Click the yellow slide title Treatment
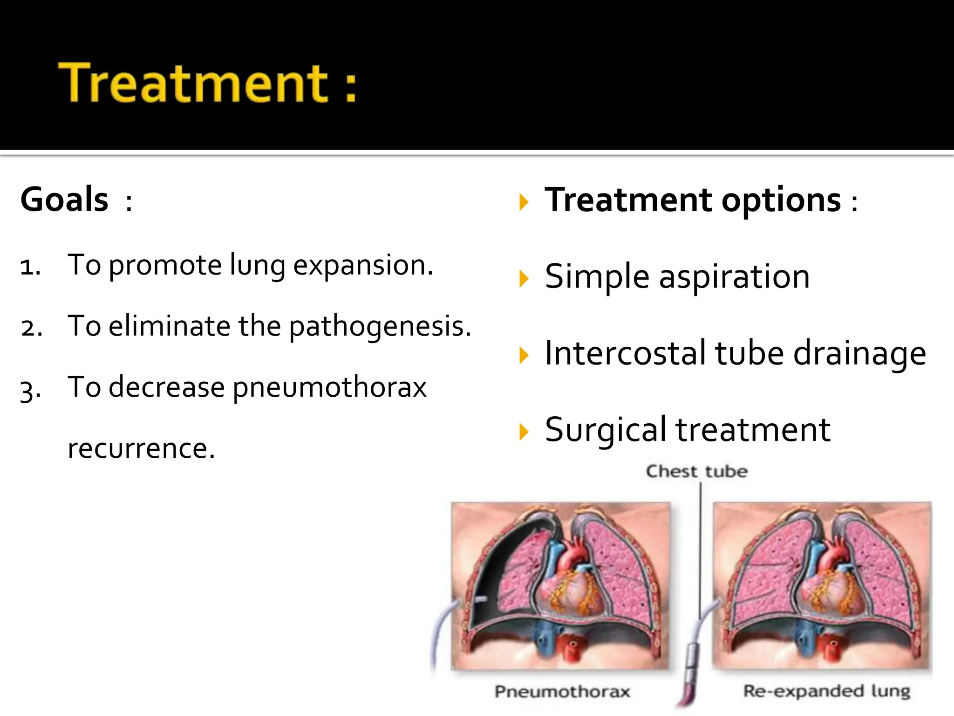point(193,83)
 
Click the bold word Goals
point(64,200)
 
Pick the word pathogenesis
point(380,326)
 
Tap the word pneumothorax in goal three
point(329,388)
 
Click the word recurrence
point(141,448)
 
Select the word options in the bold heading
point(781,200)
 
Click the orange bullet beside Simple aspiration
point(524,278)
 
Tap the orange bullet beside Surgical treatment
point(524,431)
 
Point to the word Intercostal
point(626,353)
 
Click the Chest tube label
point(696,471)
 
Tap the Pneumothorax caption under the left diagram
point(562,691)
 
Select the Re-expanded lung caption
point(826,691)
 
